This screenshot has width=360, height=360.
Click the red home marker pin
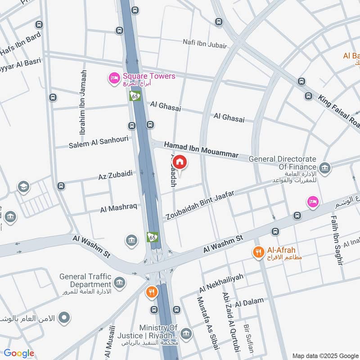180,162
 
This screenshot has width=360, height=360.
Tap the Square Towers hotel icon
114,79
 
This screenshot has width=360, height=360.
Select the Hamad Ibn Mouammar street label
201,150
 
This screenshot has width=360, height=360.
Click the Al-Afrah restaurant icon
258,252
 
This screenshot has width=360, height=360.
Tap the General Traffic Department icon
119,283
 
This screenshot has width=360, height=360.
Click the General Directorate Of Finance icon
325,168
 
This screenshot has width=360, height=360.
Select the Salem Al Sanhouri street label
99,142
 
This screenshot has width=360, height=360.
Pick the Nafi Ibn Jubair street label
204,43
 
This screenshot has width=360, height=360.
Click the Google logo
19,353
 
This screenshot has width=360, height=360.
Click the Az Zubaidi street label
115,175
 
